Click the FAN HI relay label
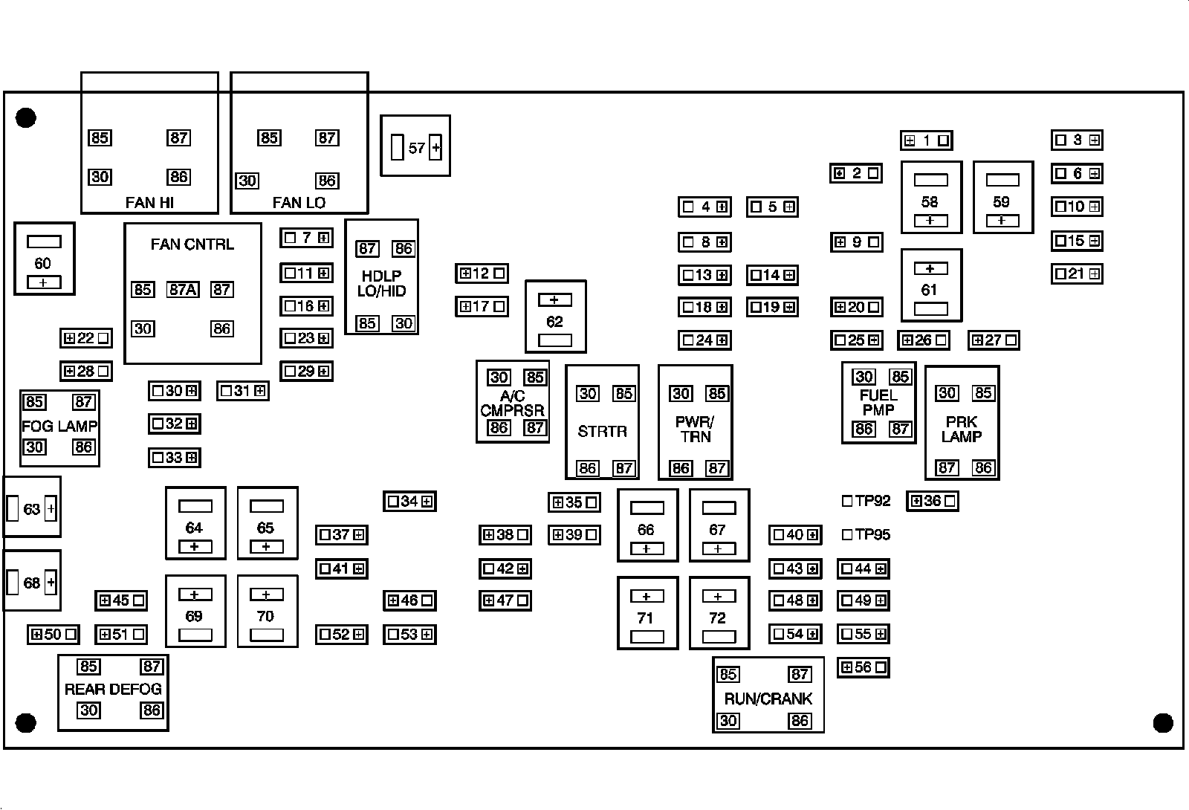click(x=149, y=202)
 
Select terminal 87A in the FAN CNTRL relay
click(x=182, y=289)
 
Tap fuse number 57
click(x=415, y=148)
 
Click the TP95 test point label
click(x=872, y=534)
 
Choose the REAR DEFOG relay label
click(x=113, y=689)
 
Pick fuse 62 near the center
click(x=555, y=321)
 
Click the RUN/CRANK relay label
click(x=768, y=699)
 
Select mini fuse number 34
click(x=409, y=501)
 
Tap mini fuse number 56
click(x=863, y=667)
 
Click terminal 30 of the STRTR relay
click(x=588, y=393)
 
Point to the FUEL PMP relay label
click(x=878, y=402)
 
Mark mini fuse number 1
click(x=926, y=140)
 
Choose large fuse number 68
click(x=31, y=582)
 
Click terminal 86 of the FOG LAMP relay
click(x=83, y=447)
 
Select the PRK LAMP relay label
click(x=962, y=429)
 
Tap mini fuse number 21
click(x=1077, y=273)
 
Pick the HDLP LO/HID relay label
click(x=382, y=283)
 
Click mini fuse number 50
click(x=53, y=634)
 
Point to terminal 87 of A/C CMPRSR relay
click(x=534, y=427)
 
